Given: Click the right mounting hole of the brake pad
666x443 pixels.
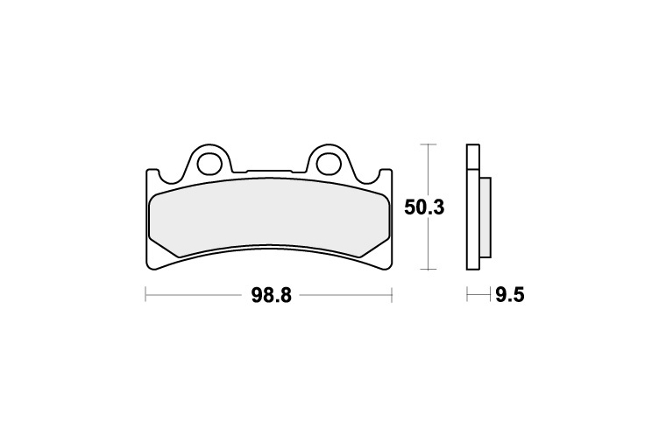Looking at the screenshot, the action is [329, 163].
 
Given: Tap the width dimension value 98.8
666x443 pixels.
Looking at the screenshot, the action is [272, 295].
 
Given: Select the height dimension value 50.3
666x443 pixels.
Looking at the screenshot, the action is [424, 207].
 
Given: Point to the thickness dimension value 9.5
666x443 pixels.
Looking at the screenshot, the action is [510, 295].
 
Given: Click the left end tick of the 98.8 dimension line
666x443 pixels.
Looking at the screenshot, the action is [145, 294].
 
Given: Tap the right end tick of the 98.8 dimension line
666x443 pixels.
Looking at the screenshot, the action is [391, 294].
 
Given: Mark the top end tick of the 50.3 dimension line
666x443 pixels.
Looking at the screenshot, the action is [429, 144].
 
